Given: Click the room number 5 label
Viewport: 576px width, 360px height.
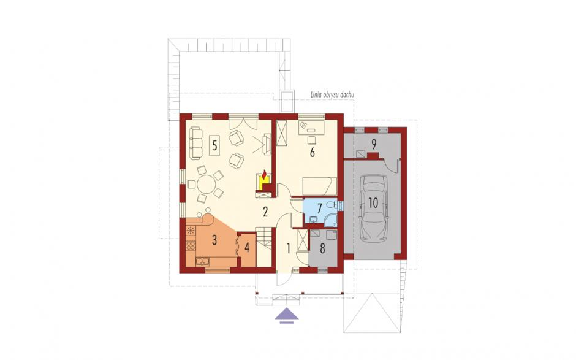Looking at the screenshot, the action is [214, 145].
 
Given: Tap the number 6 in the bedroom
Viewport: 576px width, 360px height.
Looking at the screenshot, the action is [313, 152].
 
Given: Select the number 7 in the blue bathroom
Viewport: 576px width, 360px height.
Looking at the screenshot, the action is [319, 209].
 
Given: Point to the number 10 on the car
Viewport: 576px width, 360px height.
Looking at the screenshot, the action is [373, 203].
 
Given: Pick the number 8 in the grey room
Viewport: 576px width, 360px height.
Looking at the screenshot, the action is [322, 248].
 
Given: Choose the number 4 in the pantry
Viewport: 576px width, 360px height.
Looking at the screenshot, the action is [247, 248].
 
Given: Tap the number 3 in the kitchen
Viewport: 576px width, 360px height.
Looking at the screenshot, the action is [214, 240].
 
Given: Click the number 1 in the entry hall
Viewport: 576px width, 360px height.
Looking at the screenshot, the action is [289, 250].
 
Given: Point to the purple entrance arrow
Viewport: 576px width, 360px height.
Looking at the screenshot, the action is [287, 315].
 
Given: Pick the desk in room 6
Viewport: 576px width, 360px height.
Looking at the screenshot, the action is [311, 127].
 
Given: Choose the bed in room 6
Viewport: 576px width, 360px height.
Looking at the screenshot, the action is [319, 186].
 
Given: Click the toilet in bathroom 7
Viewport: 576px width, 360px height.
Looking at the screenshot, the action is [332, 204].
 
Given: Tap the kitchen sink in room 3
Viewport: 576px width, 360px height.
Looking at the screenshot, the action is [202, 261].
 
